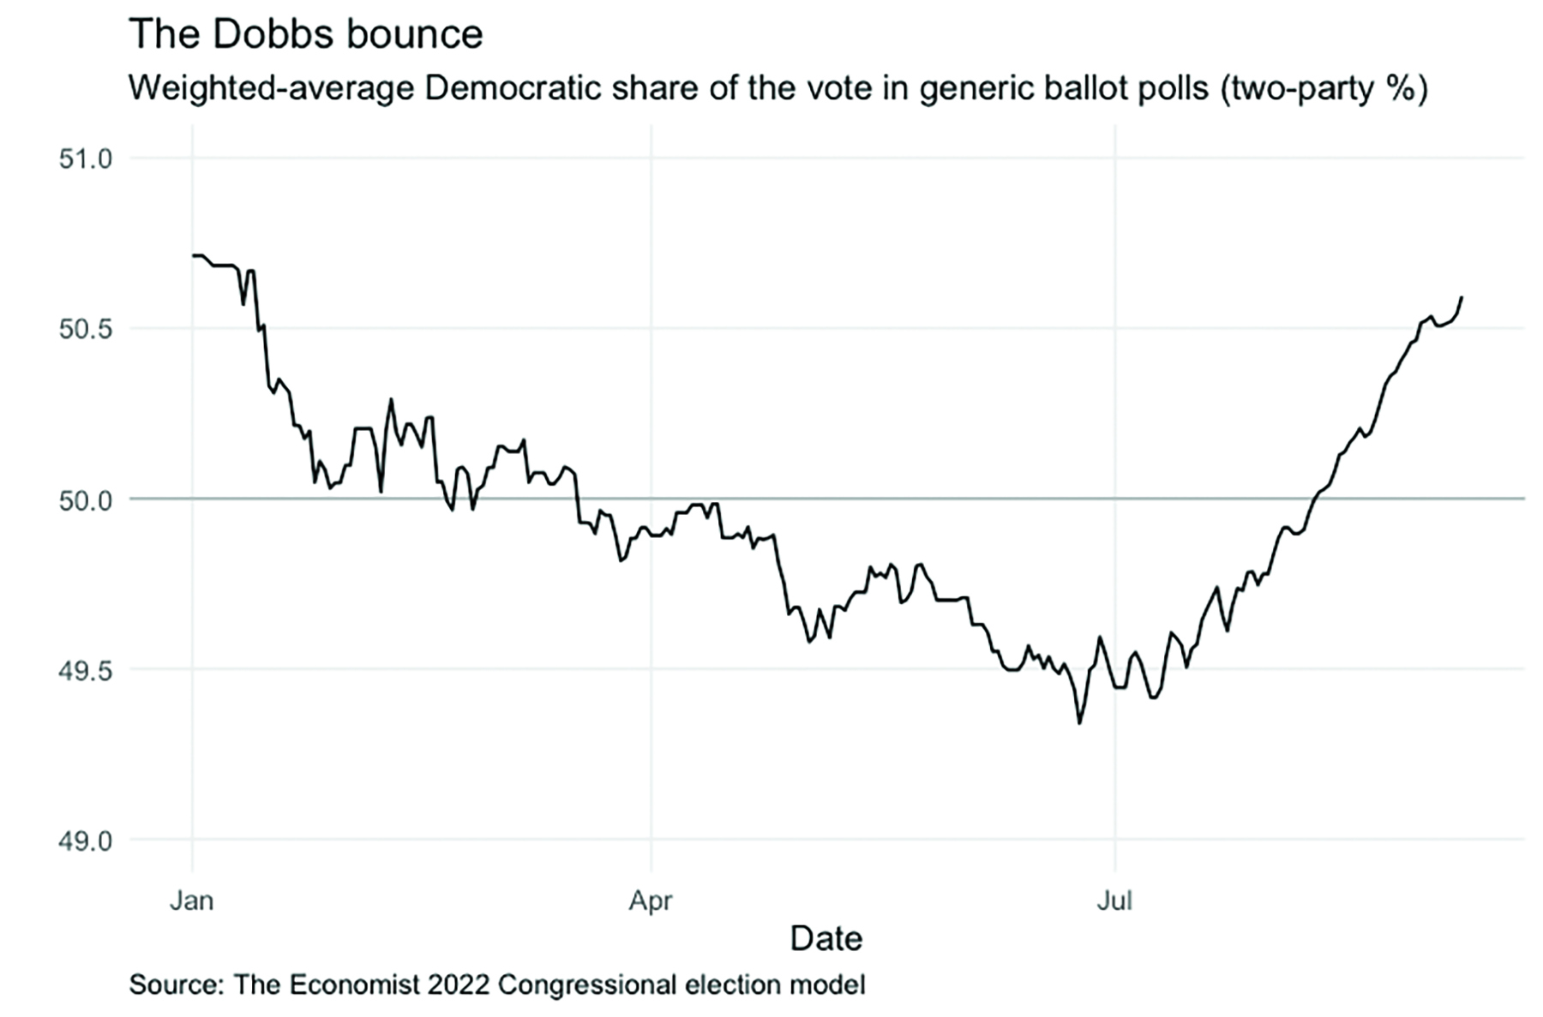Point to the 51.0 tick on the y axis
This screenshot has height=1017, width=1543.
click(86, 159)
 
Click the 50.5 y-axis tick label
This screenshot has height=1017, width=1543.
click(86, 329)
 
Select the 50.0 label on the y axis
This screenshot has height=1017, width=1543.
click(86, 500)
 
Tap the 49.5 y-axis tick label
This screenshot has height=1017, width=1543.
click(86, 670)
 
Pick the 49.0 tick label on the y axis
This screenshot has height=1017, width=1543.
click(86, 841)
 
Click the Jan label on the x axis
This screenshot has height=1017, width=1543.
click(192, 900)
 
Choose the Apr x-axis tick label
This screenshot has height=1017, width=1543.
click(651, 900)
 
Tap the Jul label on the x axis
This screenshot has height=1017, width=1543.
click(1114, 900)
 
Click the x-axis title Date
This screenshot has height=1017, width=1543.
click(826, 938)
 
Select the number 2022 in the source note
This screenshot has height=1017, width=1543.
click(459, 984)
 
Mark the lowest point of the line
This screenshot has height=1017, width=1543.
click(1079, 722)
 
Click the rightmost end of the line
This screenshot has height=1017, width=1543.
click(1462, 297)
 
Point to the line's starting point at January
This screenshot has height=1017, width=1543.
click(194, 255)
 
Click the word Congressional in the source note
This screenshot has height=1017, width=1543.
click(586, 984)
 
